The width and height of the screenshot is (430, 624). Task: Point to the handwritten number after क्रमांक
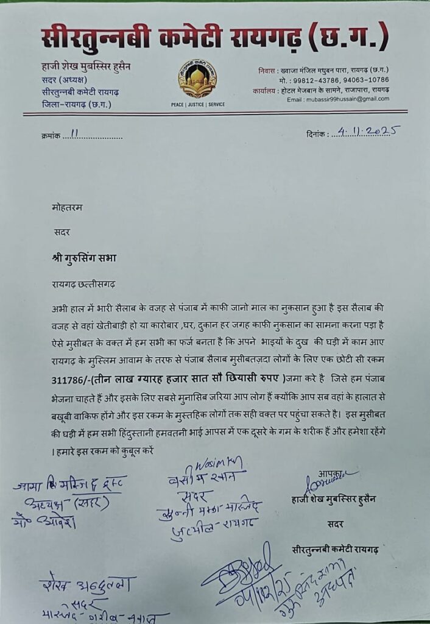pyautogui.click(x=76, y=135)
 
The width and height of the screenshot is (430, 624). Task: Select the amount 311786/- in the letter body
pyautogui.click(x=72, y=378)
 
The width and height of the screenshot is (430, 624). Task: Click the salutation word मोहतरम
pyautogui.click(x=67, y=207)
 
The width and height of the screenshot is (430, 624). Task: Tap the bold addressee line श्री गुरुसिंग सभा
pyautogui.click(x=84, y=257)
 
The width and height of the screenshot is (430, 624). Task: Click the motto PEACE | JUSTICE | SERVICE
pyautogui.click(x=197, y=104)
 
